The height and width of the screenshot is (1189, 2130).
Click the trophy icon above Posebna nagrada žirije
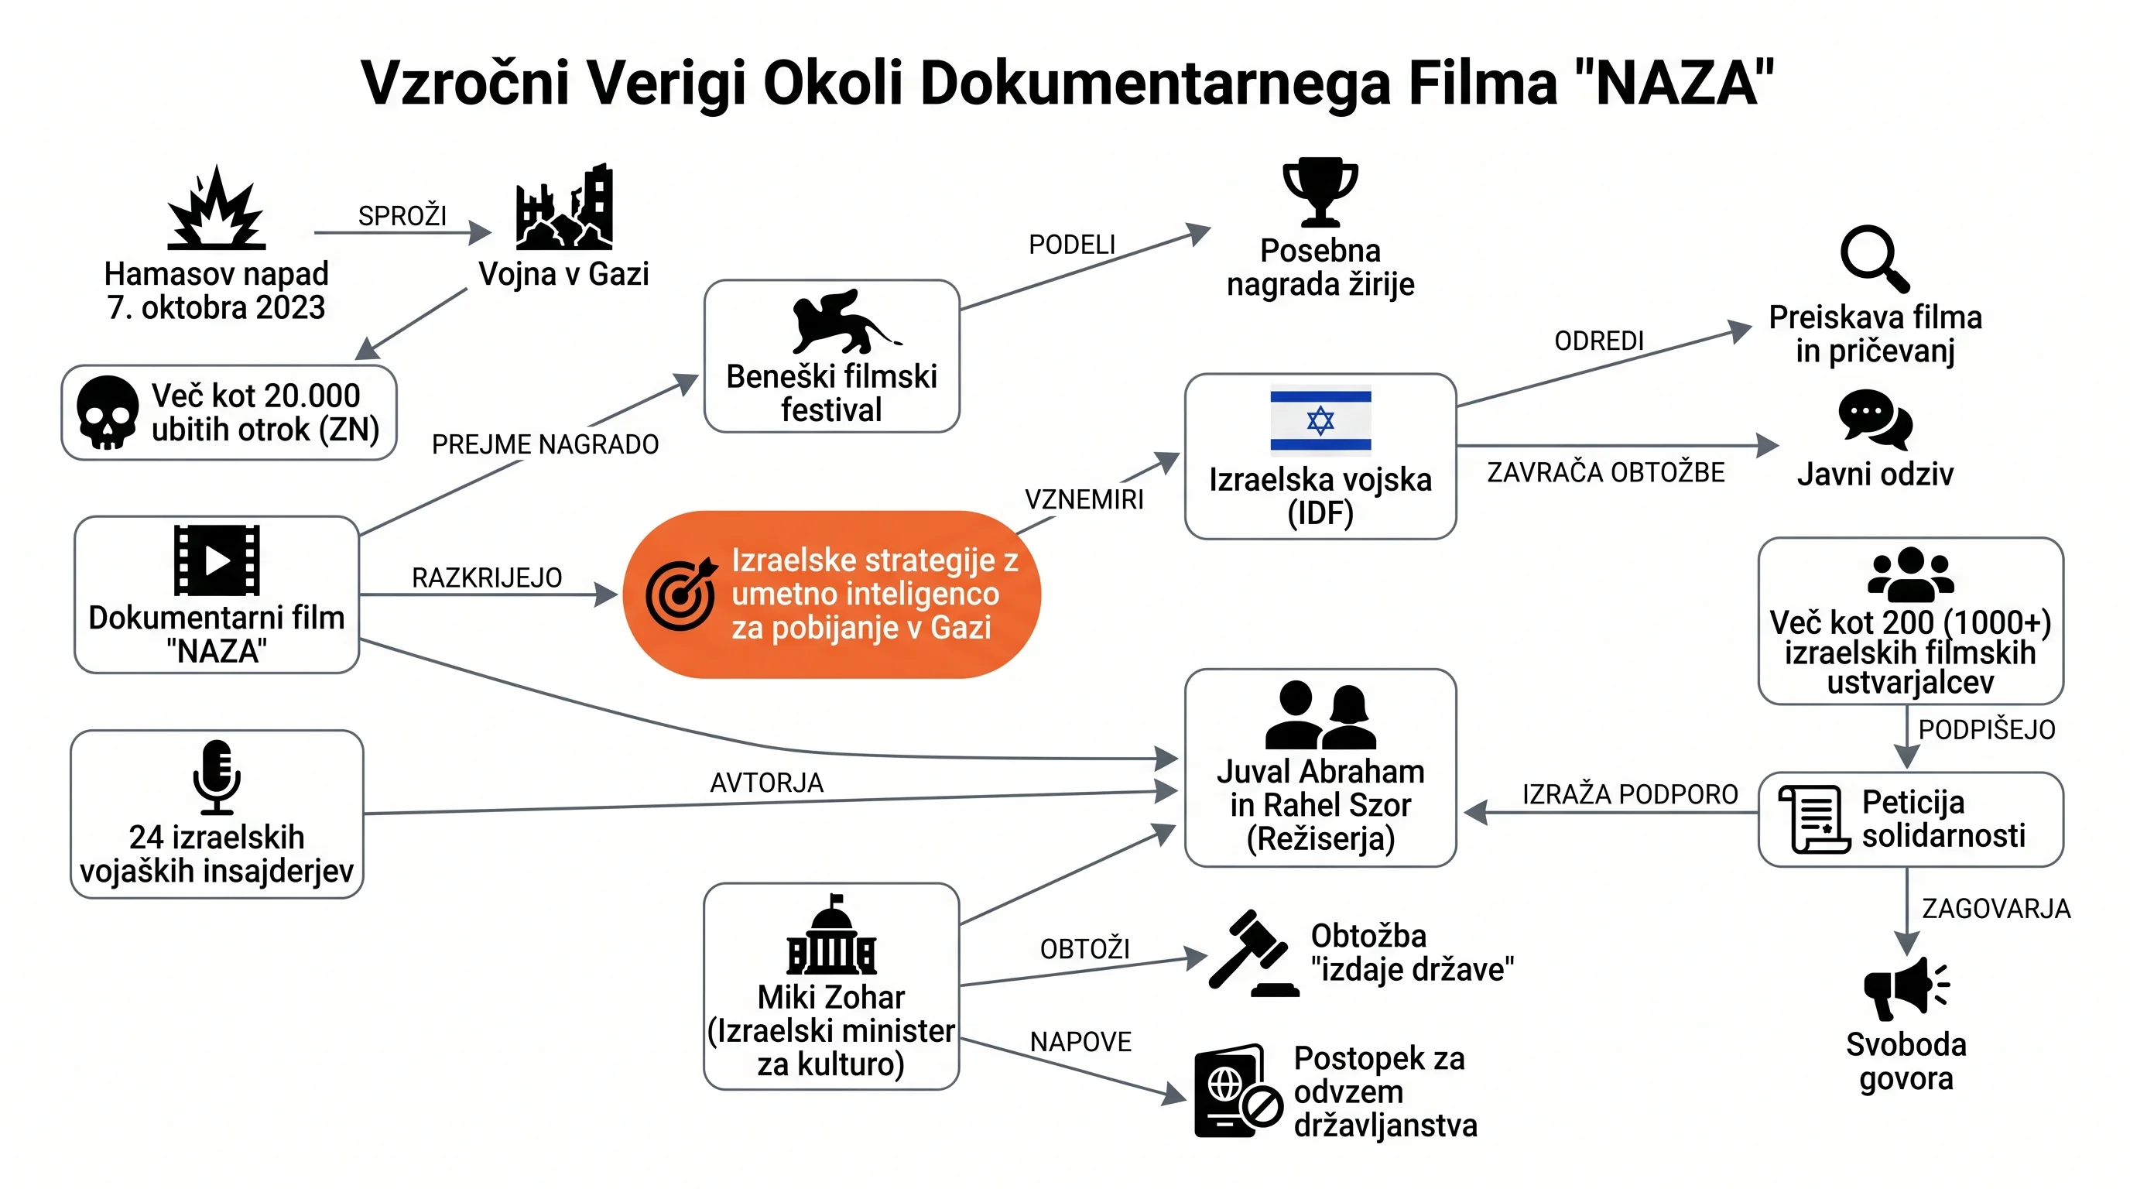coord(1320,192)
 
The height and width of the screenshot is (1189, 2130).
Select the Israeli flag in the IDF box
coord(1320,421)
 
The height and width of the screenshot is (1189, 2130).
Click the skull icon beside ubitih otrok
coord(107,413)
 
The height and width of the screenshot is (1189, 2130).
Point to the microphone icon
coord(217,777)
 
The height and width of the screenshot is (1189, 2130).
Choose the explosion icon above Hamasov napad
coord(217,207)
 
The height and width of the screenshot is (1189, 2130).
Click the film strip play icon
coord(217,560)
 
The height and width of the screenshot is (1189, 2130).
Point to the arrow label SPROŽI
coord(402,216)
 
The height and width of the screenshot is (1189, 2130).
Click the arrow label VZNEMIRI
coord(1084,499)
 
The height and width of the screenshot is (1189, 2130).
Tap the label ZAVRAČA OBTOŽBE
coord(1606,472)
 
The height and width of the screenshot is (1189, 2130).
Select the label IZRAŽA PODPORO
coord(1630,793)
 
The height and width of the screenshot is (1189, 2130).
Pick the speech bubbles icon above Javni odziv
coord(1875,420)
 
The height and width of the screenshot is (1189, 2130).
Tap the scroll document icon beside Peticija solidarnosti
coord(1813,818)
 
